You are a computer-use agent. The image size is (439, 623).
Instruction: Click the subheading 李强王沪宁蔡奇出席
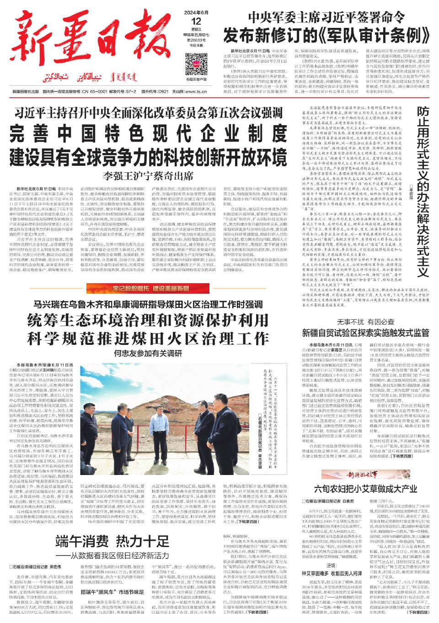tap(149, 175)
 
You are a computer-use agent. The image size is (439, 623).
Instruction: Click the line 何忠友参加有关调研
tap(149, 354)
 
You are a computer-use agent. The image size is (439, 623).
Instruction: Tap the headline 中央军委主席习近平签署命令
tap(326, 16)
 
